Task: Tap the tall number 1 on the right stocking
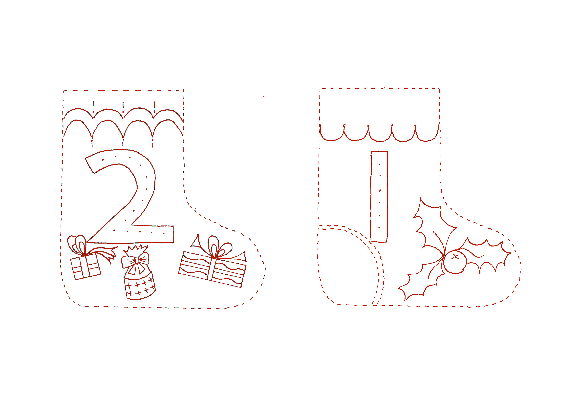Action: [x=379, y=196]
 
